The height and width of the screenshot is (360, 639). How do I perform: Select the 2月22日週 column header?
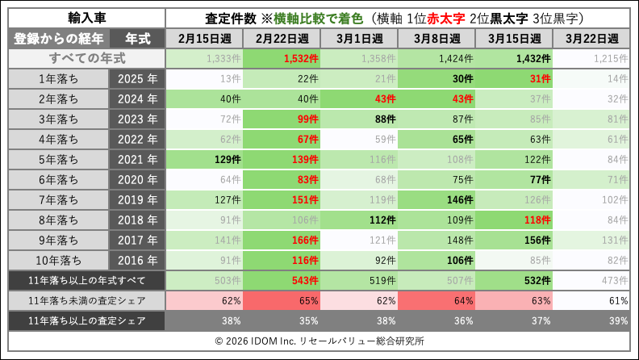(x=282, y=39)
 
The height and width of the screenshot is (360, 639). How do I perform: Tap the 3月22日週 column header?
(x=592, y=39)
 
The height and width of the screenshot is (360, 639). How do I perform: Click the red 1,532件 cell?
(x=282, y=58)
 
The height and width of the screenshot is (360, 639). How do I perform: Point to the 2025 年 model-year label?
(x=136, y=78)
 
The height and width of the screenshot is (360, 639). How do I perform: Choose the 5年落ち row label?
(x=58, y=159)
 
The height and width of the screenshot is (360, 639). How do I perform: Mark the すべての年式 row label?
(x=86, y=58)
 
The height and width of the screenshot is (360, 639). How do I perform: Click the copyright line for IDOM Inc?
(x=319, y=341)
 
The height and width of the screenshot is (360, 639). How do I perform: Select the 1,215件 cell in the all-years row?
(x=592, y=58)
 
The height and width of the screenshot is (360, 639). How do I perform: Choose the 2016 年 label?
(x=136, y=260)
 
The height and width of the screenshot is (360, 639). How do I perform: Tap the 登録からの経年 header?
(x=58, y=39)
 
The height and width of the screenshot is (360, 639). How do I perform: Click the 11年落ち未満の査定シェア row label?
(x=86, y=300)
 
